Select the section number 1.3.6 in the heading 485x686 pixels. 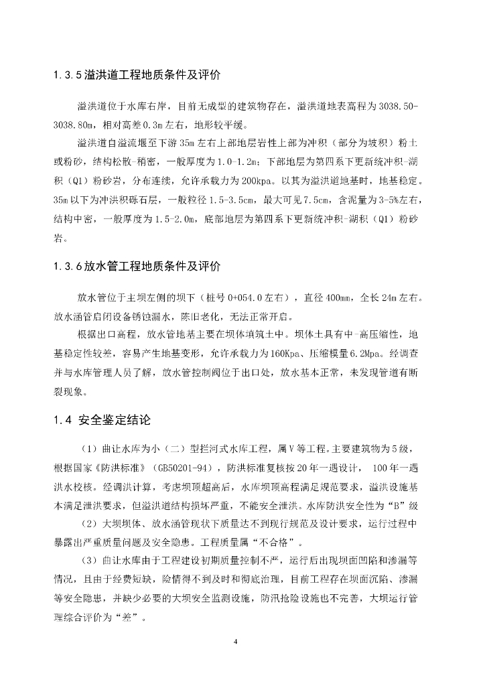point(67,266)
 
